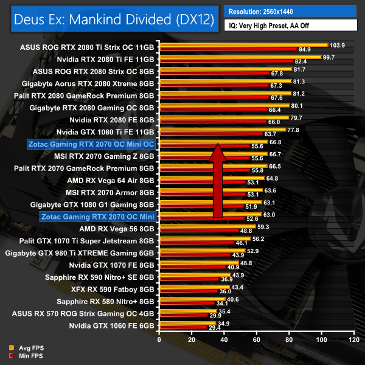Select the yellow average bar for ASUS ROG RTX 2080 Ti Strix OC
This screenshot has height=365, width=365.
tap(243, 45)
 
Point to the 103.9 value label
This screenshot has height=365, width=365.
tap(338, 45)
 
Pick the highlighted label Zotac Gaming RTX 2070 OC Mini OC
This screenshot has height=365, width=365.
tap(91, 144)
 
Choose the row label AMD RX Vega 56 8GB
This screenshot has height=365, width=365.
tap(117, 229)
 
